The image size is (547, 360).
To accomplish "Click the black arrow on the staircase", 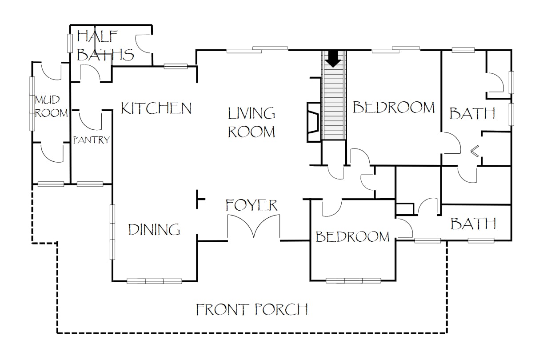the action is pyautogui.click(x=334, y=59).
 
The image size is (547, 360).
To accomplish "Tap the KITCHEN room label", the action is pyautogui.click(x=156, y=108).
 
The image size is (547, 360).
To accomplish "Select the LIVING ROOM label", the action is pyautogui.click(x=252, y=123).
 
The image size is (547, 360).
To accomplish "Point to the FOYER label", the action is pyautogui.click(x=252, y=205).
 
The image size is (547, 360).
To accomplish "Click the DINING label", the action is pyautogui.click(x=154, y=230).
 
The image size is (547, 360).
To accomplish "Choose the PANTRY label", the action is pyautogui.click(x=92, y=140).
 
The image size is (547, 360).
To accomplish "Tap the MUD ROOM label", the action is pyautogui.click(x=51, y=107).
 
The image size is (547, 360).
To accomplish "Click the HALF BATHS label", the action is pyautogui.click(x=105, y=46).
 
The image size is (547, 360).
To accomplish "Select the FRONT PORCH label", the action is pyautogui.click(x=252, y=309).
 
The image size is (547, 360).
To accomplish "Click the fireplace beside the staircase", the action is pyautogui.click(x=314, y=122).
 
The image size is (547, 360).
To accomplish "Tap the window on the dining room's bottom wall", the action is pyautogui.click(x=154, y=281).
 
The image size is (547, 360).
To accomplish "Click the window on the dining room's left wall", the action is pyautogui.click(x=112, y=232).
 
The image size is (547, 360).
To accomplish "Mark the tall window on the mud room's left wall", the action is pyautogui.click(x=32, y=104).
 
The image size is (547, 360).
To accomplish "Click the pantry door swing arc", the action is pyautogui.click(x=90, y=120).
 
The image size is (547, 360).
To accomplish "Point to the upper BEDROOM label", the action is pyautogui.click(x=394, y=107).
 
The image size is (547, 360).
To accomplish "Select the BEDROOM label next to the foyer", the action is pyautogui.click(x=353, y=236).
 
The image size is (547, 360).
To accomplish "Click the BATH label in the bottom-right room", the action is pyautogui.click(x=473, y=224).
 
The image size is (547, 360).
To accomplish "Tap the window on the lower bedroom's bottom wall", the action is pyautogui.click(x=353, y=280).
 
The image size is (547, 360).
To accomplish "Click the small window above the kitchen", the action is pyautogui.click(x=176, y=66).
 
